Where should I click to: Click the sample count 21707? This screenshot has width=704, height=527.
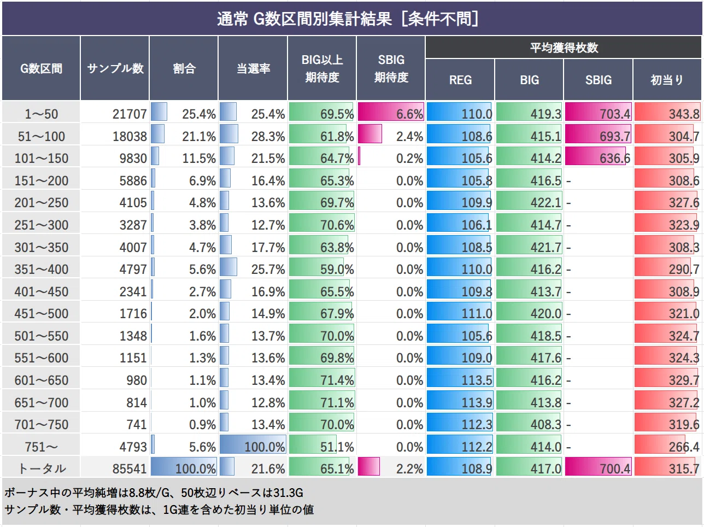(x=129, y=114)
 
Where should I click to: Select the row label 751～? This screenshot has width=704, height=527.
(x=42, y=447)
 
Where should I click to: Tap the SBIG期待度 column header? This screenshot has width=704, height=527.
(x=391, y=68)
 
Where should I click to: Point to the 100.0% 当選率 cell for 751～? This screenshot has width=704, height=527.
(x=265, y=447)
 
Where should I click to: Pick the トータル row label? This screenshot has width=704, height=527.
(x=42, y=469)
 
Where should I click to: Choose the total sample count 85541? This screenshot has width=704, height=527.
(x=129, y=469)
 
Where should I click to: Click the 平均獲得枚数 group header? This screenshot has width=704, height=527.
(x=564, y=48)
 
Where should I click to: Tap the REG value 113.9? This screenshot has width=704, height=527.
(x=477, y=402)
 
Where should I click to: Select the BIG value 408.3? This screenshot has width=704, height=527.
(x=545, y=425)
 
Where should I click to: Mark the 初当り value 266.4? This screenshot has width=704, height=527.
(x=684, y=447)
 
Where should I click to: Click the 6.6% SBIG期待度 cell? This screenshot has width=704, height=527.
(x=409, y=114)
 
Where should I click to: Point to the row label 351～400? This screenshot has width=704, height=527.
(x=42, y=269)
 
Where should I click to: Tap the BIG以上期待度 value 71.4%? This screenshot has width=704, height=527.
(x=337, y=380)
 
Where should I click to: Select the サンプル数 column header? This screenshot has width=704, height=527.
(x=115, y=68)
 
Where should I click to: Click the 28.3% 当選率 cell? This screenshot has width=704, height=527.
(x=268, y=136)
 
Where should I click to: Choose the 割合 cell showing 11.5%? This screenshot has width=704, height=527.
(x=199, y=158)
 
